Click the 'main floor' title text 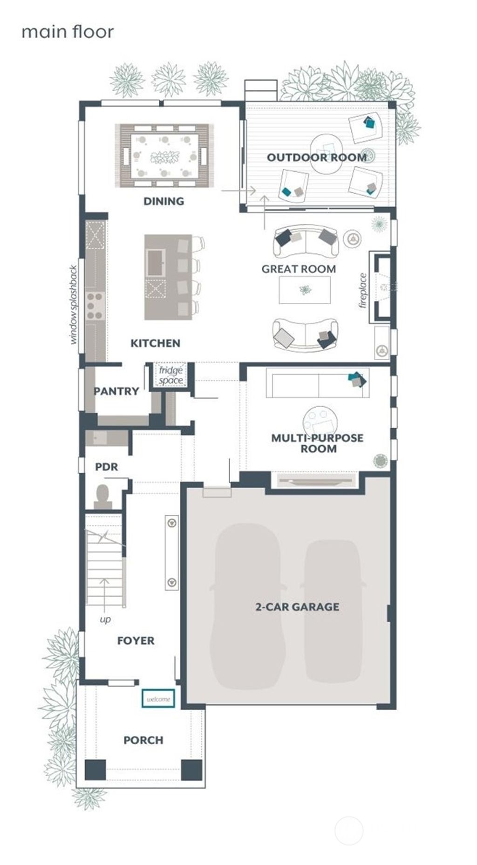coord(68,32)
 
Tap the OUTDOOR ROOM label coord(316,157)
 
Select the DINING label coord(164,201)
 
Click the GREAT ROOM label coord(299,269)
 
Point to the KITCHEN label coord(155,343)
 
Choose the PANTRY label coord(116,391)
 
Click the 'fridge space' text coord(170,375)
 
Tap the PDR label coord(107,467)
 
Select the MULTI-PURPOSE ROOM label coord(317,443)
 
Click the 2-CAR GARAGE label coord(297,607)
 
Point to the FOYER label coord(136,641)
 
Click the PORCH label coord(143,740)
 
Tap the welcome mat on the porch coord(158,699)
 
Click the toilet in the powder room coord(102,496)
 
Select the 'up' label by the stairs coord(105,620)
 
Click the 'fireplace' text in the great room coord(363,291)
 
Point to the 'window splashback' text coord(74,305)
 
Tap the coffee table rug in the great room coord(305,290)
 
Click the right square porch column coord(191,770)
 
